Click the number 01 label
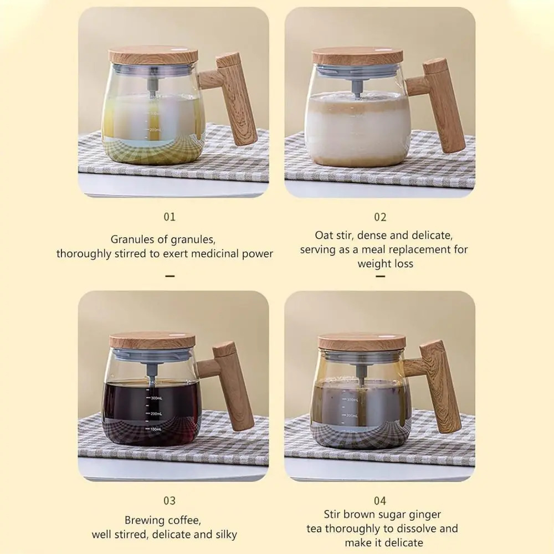[x=170, y=217]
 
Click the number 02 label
[x=380, y=217]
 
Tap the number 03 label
[x=170, y=501]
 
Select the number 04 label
[x=380, y=501]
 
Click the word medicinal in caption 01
[x=214, y=254]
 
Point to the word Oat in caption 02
[x=325, y=235]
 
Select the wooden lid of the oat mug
[x=357, y=56]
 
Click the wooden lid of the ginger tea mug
[x=361, y=341]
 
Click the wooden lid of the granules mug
[x=153, y=54]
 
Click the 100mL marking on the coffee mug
[x=155, y=429]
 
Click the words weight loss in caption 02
[x=385, y=264]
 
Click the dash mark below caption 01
[x=170, y=275]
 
